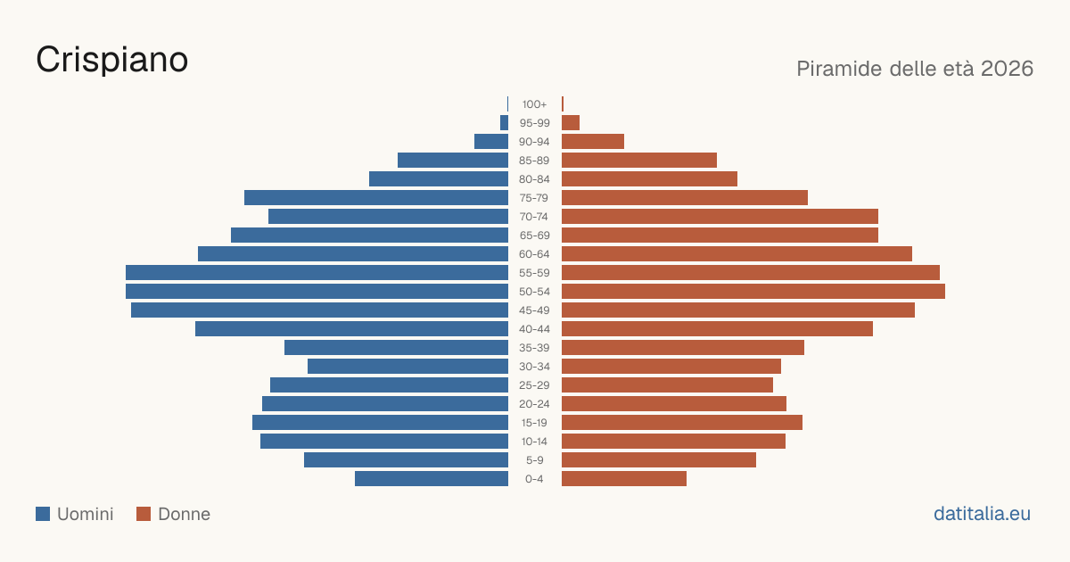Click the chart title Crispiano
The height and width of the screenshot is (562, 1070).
(x=111, y=61)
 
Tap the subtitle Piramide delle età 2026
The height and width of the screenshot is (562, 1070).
(x=915, y=69)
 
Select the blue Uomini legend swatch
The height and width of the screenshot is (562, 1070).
(x=43, y=514)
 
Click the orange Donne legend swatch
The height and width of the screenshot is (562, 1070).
(x=144, y=514)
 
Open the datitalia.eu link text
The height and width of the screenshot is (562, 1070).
(x=982, y=514)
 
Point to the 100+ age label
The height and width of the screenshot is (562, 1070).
(x=534, y=104)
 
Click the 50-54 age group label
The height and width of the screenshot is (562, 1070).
(x=534, y=292)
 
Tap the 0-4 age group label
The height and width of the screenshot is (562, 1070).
(x=534, y=479)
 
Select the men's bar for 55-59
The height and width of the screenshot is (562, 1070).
(x=317, y=272)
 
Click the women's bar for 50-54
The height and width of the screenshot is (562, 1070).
(x=753, y=292)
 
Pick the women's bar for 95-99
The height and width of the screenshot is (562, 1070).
(x=571, y=123)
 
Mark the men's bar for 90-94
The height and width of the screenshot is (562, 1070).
(x=491, y=142)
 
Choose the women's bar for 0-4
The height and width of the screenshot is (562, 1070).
(x=624, y=479)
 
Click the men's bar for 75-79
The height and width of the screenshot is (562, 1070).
(x=376, y=198)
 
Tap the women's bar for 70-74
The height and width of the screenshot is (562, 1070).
(x=720, y=217)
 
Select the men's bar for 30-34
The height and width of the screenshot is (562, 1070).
(x=408, y=367)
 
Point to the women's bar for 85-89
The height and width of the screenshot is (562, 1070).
(x=639, y=160)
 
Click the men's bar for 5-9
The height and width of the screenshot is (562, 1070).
(x=406, y=460)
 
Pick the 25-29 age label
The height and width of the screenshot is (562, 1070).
(x=534, y=385)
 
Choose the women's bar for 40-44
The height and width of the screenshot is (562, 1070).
(x=717, y=329)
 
